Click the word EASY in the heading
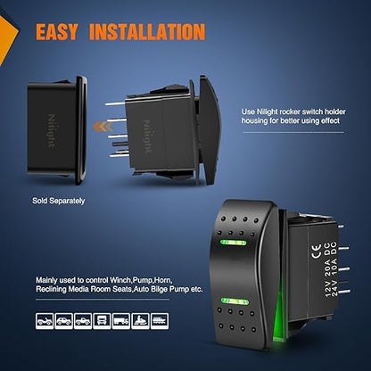57,31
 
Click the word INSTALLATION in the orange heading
147,31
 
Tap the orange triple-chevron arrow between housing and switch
103,127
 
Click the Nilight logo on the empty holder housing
52,131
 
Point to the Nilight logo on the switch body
147,136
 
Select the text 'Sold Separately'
59,201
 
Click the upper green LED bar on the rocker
234,243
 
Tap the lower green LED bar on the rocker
235,301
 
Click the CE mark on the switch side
316,251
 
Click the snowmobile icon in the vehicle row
140,321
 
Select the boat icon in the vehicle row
160,321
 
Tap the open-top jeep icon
45,321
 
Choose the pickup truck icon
83,321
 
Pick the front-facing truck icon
102,321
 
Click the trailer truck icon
121,321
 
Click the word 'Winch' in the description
120,280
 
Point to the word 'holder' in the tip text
334,111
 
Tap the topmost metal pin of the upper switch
115,103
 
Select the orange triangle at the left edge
6,37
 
